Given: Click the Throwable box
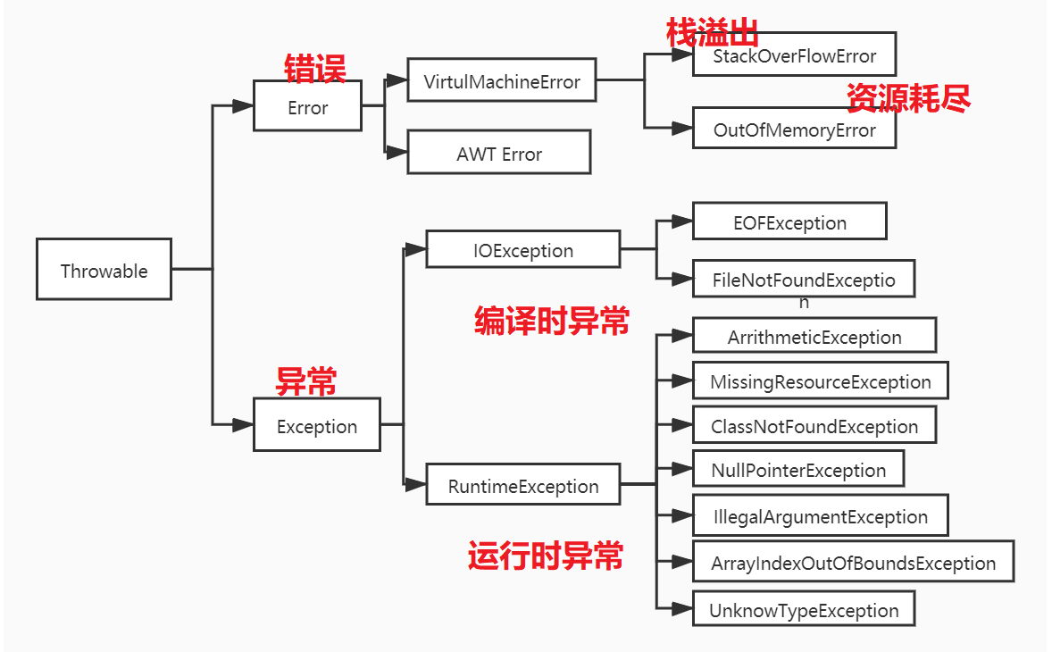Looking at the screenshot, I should (x=104, y=270).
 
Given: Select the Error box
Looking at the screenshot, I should (x=307, y=106).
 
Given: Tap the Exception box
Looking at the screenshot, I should (x=316, y=425).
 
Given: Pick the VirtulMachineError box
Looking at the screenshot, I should (x=501, y=81).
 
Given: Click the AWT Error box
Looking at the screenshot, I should (x=498, y=153).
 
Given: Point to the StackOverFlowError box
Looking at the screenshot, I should (x=794, y=55).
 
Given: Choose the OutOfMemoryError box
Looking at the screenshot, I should (x=794, y=129).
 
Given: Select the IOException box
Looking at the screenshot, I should (x=522, y=249).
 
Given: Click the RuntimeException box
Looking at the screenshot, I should (x=522, y=485).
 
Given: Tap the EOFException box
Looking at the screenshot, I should (x=789, y=222).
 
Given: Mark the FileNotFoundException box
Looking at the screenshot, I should (x=804, y=280).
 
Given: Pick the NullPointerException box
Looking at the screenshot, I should (x=798, y=469).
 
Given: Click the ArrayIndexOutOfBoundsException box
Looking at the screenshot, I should (x=853, y=562).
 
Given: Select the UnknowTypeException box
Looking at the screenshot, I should (x=804, y=609).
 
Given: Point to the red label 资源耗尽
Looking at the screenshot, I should (x=907, y=98).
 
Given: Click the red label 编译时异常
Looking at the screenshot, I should (x=551, y=321).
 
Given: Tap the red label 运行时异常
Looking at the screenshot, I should (x=546, y=556).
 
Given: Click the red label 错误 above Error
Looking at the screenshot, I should (x=314, y=68).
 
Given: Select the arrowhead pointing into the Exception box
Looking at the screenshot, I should (x=243, y=425).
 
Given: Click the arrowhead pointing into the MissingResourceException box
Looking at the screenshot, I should (x=682, y=381).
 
